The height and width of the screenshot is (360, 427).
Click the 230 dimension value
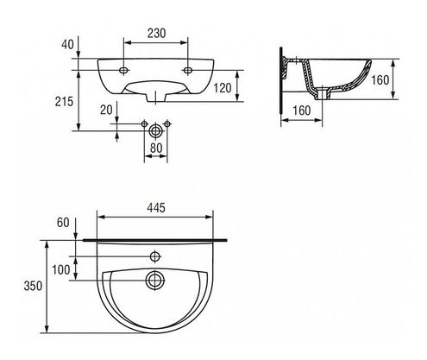click(155, 33)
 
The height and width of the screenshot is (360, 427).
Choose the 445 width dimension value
click(156, 208)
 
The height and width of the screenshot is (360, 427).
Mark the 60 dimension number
click(63, 223)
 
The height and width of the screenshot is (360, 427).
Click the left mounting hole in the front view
click(122, 70)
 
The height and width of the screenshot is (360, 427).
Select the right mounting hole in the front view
click(189, 70)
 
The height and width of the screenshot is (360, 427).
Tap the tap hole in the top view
click(155, 256)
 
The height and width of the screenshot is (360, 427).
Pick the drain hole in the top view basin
click(155, 280)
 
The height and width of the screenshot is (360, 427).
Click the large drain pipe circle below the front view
click(155, 130)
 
